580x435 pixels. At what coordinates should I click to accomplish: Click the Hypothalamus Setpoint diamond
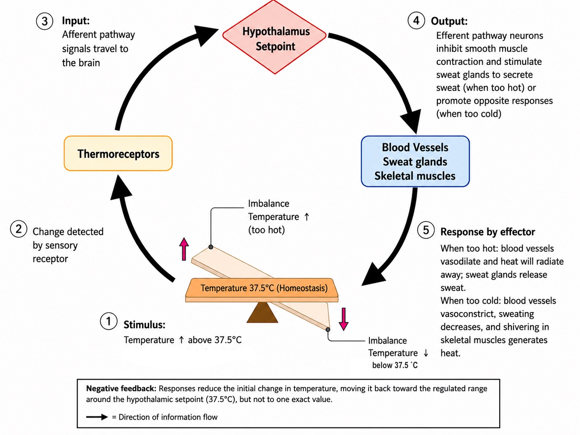point(274,37)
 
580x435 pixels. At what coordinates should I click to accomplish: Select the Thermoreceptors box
point(118,153)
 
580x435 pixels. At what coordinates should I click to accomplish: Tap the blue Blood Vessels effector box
point(415,161)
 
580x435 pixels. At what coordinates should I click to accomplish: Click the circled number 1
point(108,321)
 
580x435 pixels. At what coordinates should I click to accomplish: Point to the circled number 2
point(18,229)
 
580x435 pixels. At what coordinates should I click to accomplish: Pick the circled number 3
point(44,21)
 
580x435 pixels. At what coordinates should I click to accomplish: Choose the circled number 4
point(416,20)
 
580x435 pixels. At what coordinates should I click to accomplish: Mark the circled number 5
point(426,230)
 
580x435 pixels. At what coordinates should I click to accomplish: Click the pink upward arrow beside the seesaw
point(184,249)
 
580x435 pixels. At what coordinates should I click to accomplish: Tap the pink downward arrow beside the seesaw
point(344,319)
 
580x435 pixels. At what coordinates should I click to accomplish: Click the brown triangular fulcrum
point(262,312)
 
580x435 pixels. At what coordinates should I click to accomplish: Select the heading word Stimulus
point(144,324)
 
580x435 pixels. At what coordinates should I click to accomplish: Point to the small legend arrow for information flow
point(97,417)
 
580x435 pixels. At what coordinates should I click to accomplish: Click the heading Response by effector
point(487,232)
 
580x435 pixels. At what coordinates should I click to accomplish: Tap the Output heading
point(449,21)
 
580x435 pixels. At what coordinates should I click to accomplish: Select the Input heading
point(76,20)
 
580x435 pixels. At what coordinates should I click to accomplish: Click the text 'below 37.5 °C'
point(395,365)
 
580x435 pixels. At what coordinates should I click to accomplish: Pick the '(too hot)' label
point(266,230)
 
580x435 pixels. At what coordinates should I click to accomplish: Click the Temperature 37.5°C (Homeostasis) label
point(264,288)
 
